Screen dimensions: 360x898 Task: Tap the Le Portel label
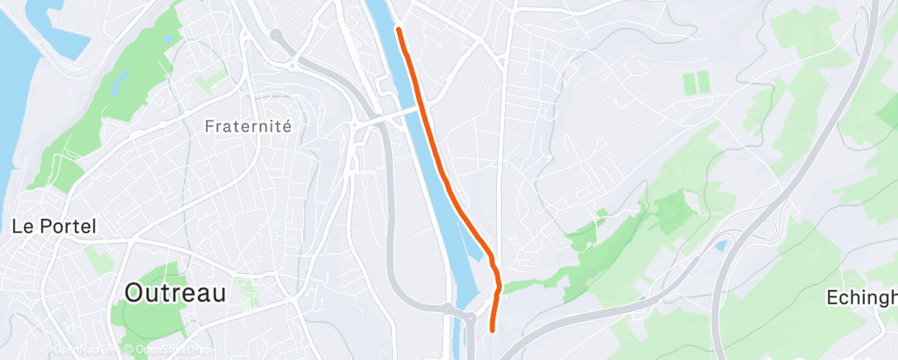click(x=54, y=226)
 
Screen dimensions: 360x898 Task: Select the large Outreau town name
click(x=175, y=292)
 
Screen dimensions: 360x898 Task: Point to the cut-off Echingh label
click(x=863, y=298)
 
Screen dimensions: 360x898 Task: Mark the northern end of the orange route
click(x=399, y=30)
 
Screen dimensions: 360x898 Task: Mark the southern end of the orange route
click(x=493, y=330)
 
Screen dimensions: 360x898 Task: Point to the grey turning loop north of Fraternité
click(x=276, y=36)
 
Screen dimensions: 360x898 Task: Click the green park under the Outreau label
click(x=157, y=318)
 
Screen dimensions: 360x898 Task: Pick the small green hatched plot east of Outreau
click(x=244, y=291)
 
